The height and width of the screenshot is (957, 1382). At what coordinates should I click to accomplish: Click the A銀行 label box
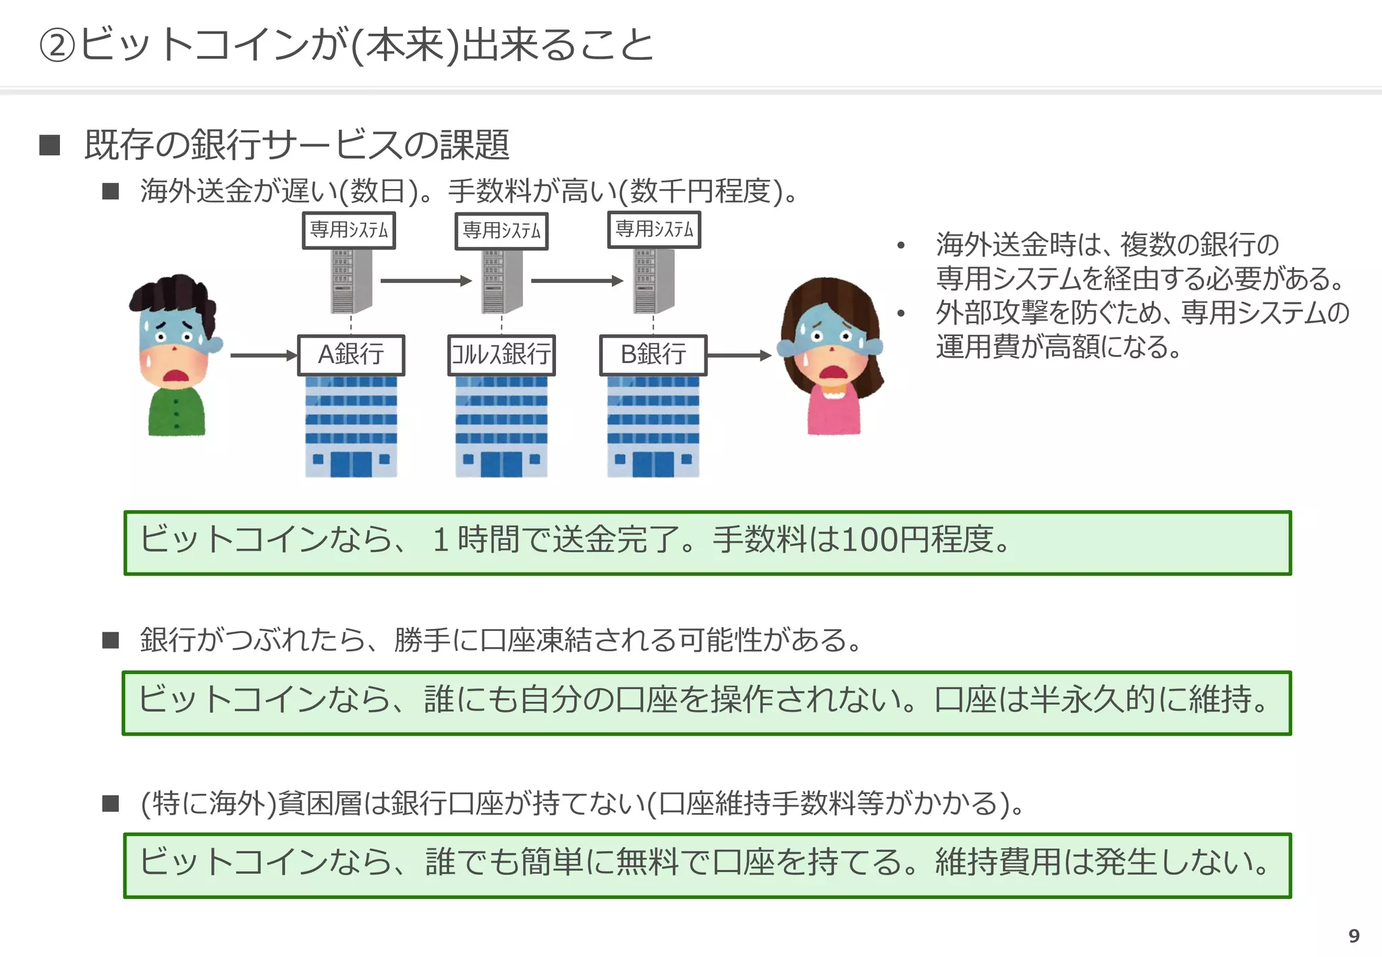pos(351,355)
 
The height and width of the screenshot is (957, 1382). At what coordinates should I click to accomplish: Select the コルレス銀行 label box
pos(501,355)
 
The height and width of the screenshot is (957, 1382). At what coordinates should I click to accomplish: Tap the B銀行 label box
pos(653,355)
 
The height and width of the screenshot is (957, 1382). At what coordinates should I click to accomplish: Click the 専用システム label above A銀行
pos(349,231)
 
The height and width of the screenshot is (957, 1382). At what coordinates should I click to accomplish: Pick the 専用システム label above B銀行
pos(654,230)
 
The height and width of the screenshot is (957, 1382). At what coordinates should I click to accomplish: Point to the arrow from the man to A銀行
pos(263,355)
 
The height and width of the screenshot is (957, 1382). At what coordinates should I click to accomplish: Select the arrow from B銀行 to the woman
pos(738,355)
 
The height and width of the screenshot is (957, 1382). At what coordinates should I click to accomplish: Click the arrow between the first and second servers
pos(425,281)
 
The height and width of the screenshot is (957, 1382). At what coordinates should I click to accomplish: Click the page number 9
pos(1354,936)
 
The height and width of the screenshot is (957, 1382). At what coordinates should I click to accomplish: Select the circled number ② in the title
pos(57,46)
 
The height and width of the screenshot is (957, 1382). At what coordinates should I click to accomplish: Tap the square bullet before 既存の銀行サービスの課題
pos(50,145)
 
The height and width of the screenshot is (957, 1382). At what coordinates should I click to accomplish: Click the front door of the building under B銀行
pos(653,464)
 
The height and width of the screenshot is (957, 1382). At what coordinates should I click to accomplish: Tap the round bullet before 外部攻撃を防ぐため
pos(901,313)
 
